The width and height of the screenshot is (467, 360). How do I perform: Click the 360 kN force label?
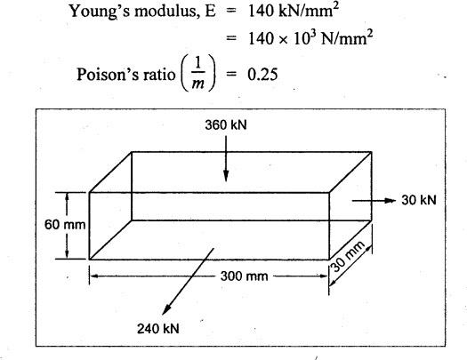click(x=226, y=125)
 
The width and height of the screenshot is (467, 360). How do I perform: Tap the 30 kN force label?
click(x=419, y=200)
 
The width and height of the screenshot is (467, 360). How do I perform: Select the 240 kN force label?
click(x=158, y=329)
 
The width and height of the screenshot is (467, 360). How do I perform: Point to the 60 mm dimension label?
click(x=65, y=225)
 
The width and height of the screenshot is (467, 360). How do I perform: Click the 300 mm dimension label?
click(x=244, y=276)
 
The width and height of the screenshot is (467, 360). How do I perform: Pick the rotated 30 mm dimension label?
click(x=348, y=256)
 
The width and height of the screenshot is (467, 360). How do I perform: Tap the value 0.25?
click(x=262, y=75)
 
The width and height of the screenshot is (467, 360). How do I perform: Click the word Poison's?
click(x=107, y=75)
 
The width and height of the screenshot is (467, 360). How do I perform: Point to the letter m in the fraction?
click(x=198, y=84)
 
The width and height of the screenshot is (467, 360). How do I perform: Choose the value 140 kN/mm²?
click(x=294, y=11)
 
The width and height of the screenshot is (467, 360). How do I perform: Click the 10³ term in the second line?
click(x=304, y=38)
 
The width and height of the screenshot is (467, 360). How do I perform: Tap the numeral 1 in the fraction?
click(x=198, y=63)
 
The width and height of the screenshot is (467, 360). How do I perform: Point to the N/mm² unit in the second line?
click(x=347, y=38)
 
